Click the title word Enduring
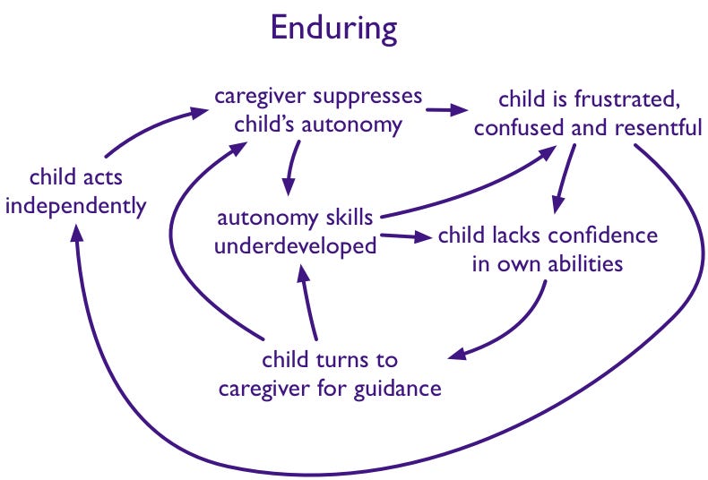[x=333, y=30]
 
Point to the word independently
[x=75, y=206]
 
